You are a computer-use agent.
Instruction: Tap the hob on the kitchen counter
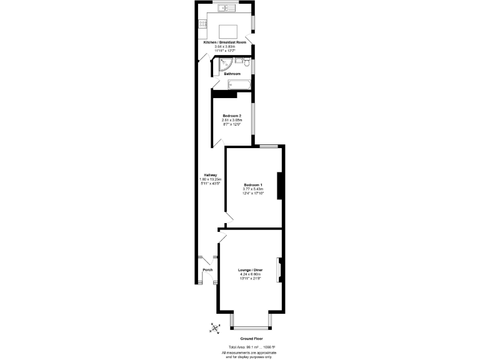pos(202,24)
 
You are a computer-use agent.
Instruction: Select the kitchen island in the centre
pos(227,31)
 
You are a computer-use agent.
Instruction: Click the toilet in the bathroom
pos(247,64)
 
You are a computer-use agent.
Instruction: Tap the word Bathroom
pos(232,74)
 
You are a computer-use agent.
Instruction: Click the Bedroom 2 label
pos(232,116)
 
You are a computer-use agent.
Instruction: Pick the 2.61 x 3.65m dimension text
pos(232,120)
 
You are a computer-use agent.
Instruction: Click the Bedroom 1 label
pos(253,185)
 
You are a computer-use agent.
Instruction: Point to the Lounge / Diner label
pos(251,270)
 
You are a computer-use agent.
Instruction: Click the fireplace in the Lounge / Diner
pos(281,269)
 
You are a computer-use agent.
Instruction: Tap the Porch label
pos(207,269)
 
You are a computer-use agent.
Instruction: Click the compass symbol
pos(215,327)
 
